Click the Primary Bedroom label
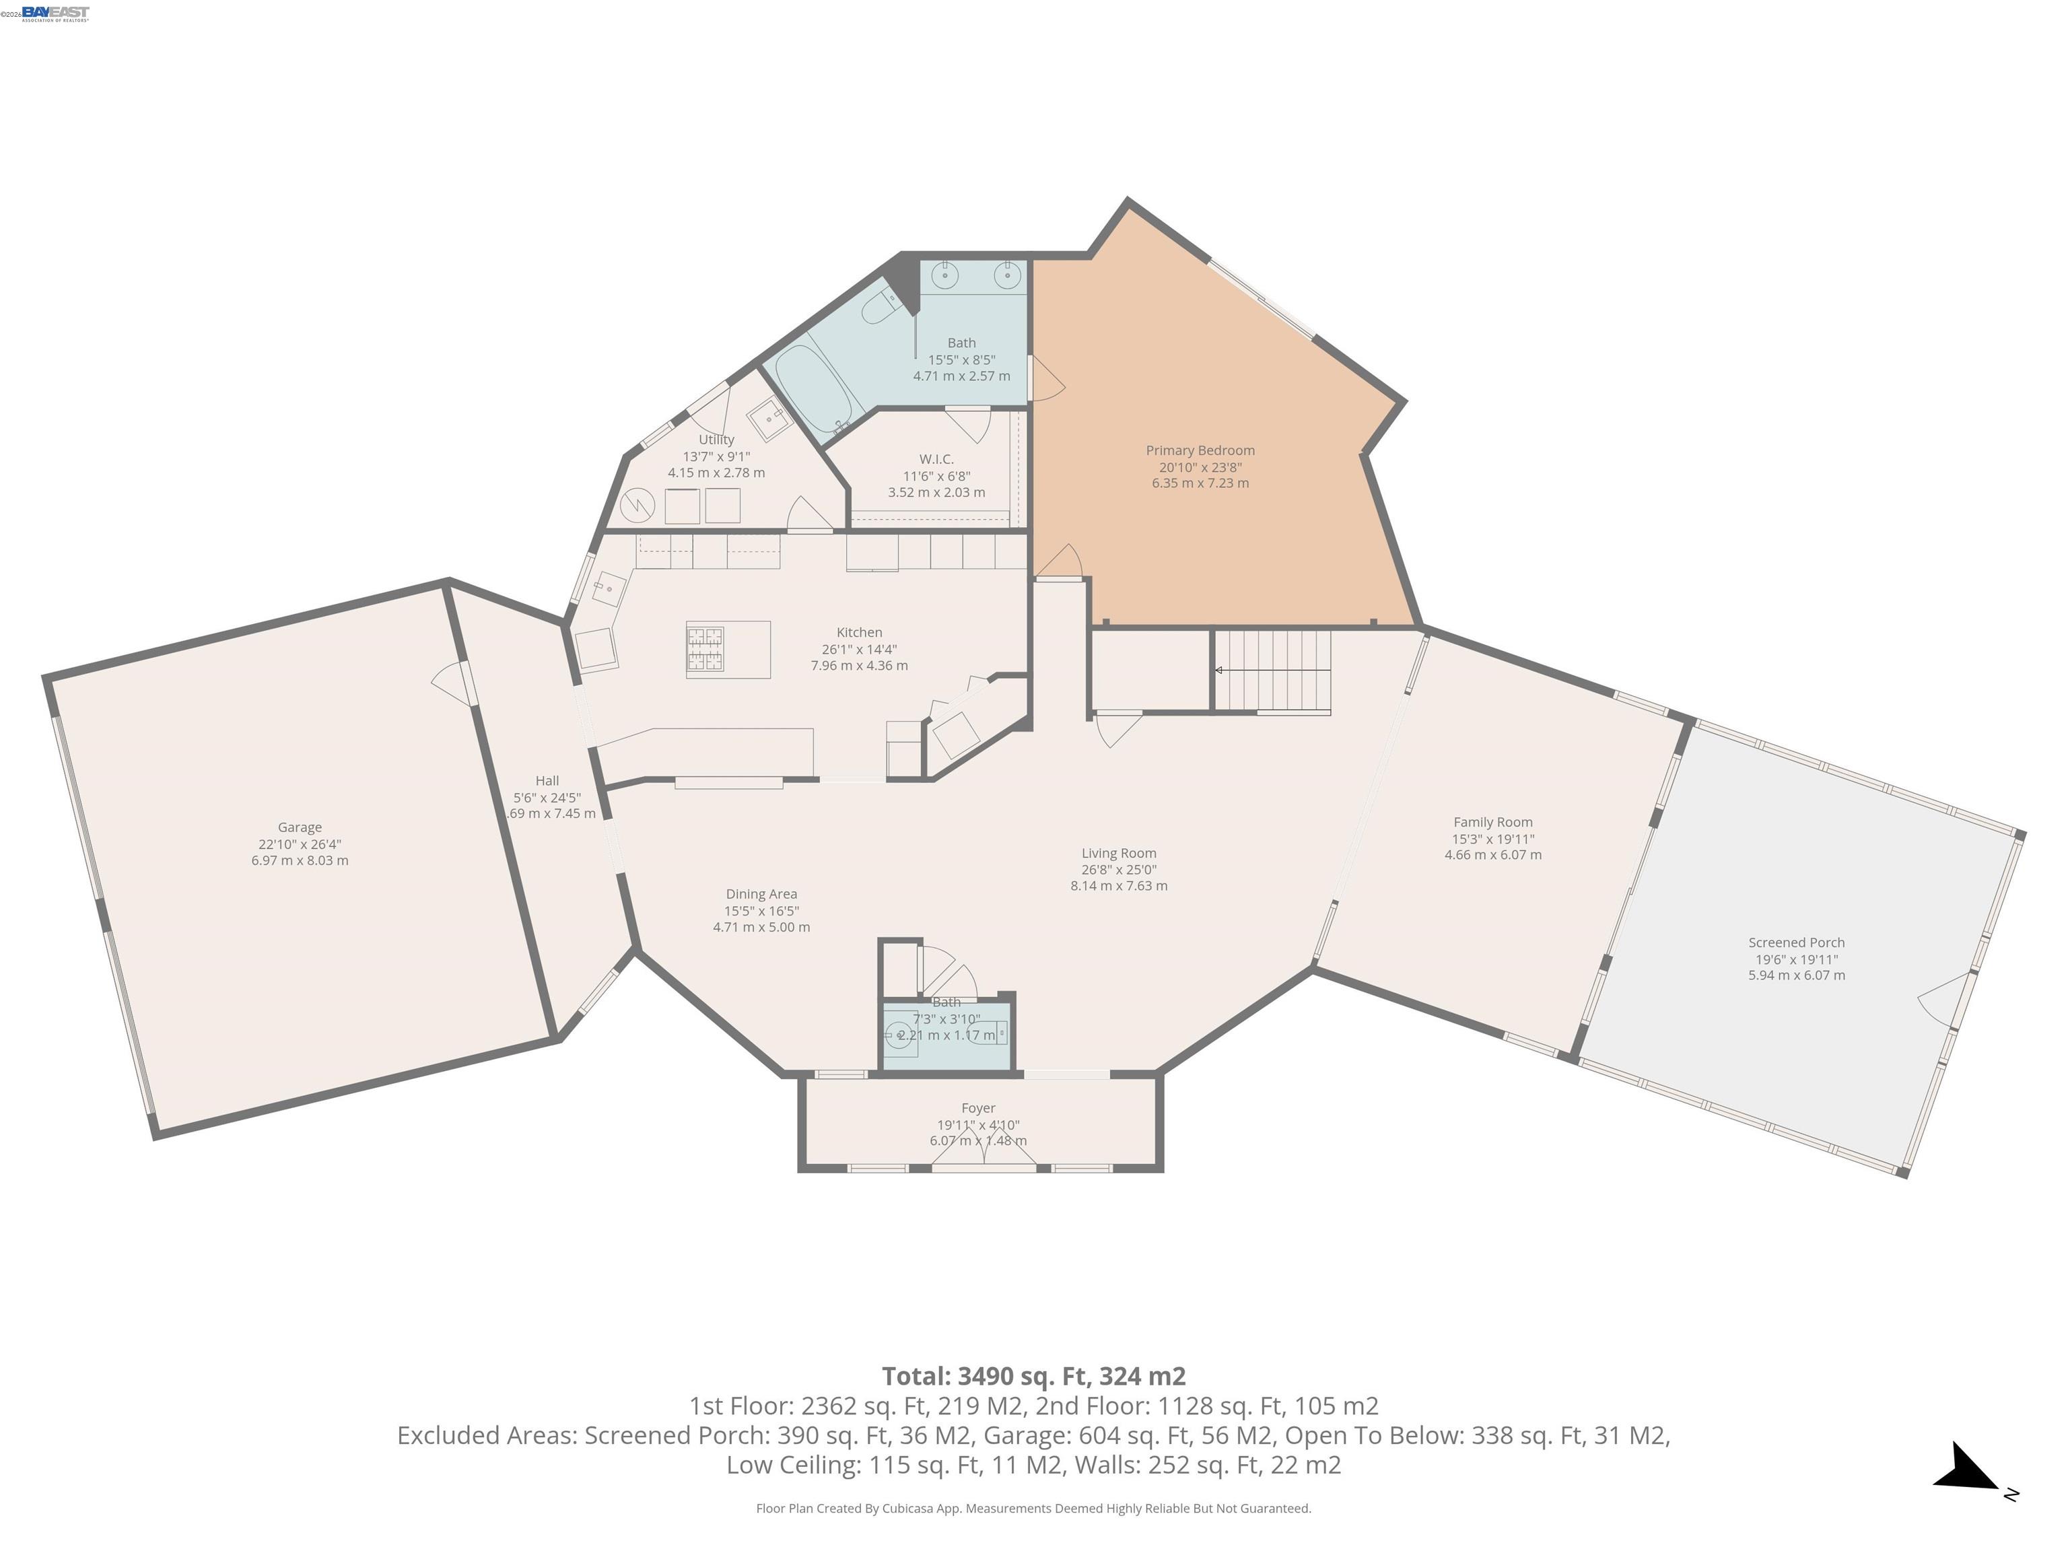coord(1200,450)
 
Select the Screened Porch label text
coord(1796,942)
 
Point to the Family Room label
coord(1492,823)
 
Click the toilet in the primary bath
coord(880,304)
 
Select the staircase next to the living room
coord(1272,670)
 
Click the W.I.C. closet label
coord(936,459)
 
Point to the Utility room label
coord(716,440)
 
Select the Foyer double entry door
coord(984,1150)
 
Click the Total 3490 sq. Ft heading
coord(1033,1376)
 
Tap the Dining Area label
coord(761,894)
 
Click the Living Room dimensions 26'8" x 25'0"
coord(1118,870)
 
